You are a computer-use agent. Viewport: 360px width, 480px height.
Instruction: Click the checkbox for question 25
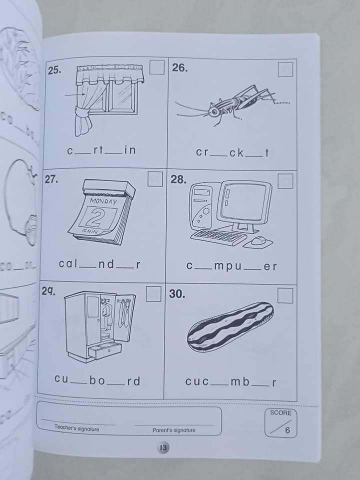pyautogui.click(x=156, y=67)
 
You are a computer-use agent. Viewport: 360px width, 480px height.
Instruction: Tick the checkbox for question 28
pyautogui.click(x=285, y=181)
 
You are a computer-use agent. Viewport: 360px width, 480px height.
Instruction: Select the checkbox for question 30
pyautogui.click(x=285, y=295)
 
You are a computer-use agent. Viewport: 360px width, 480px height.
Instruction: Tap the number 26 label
pyautogui.click(x=179, y=68)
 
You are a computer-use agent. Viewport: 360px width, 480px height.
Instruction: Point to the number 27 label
pyautogui.click(x=51, y=179)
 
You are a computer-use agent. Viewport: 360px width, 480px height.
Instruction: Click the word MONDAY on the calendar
pyautogui.click(x=103, y=201)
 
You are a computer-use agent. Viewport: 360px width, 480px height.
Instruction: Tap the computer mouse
pyautogui.click(x=258, y=241)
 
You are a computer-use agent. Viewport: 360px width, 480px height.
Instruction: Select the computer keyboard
pyautogui.click(x=219, y=237)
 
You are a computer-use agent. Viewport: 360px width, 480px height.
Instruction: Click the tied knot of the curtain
pyautogui.click(x=81, y=112)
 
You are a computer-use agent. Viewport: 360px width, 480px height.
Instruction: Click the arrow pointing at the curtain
pyautogui.click(x=75, y=95)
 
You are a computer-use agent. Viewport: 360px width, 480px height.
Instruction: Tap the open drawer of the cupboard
pyautogui.click(x=104, y=350)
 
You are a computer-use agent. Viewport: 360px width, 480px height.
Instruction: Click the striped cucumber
pyautogui.click(x=230, y=326)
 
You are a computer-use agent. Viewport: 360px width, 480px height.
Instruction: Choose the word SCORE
pyautogui.click(x=280, y=412)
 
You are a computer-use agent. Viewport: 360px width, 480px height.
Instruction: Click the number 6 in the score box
pyautogui.click(x=287, y=430)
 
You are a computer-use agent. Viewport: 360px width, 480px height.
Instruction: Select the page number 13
pyautogui.click(x=163, y=448)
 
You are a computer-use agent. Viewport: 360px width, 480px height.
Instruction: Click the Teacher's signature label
pyautogui.click(x=77, y=428)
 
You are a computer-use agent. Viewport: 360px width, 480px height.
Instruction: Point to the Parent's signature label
pyautogui.click(x=174, y=430)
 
